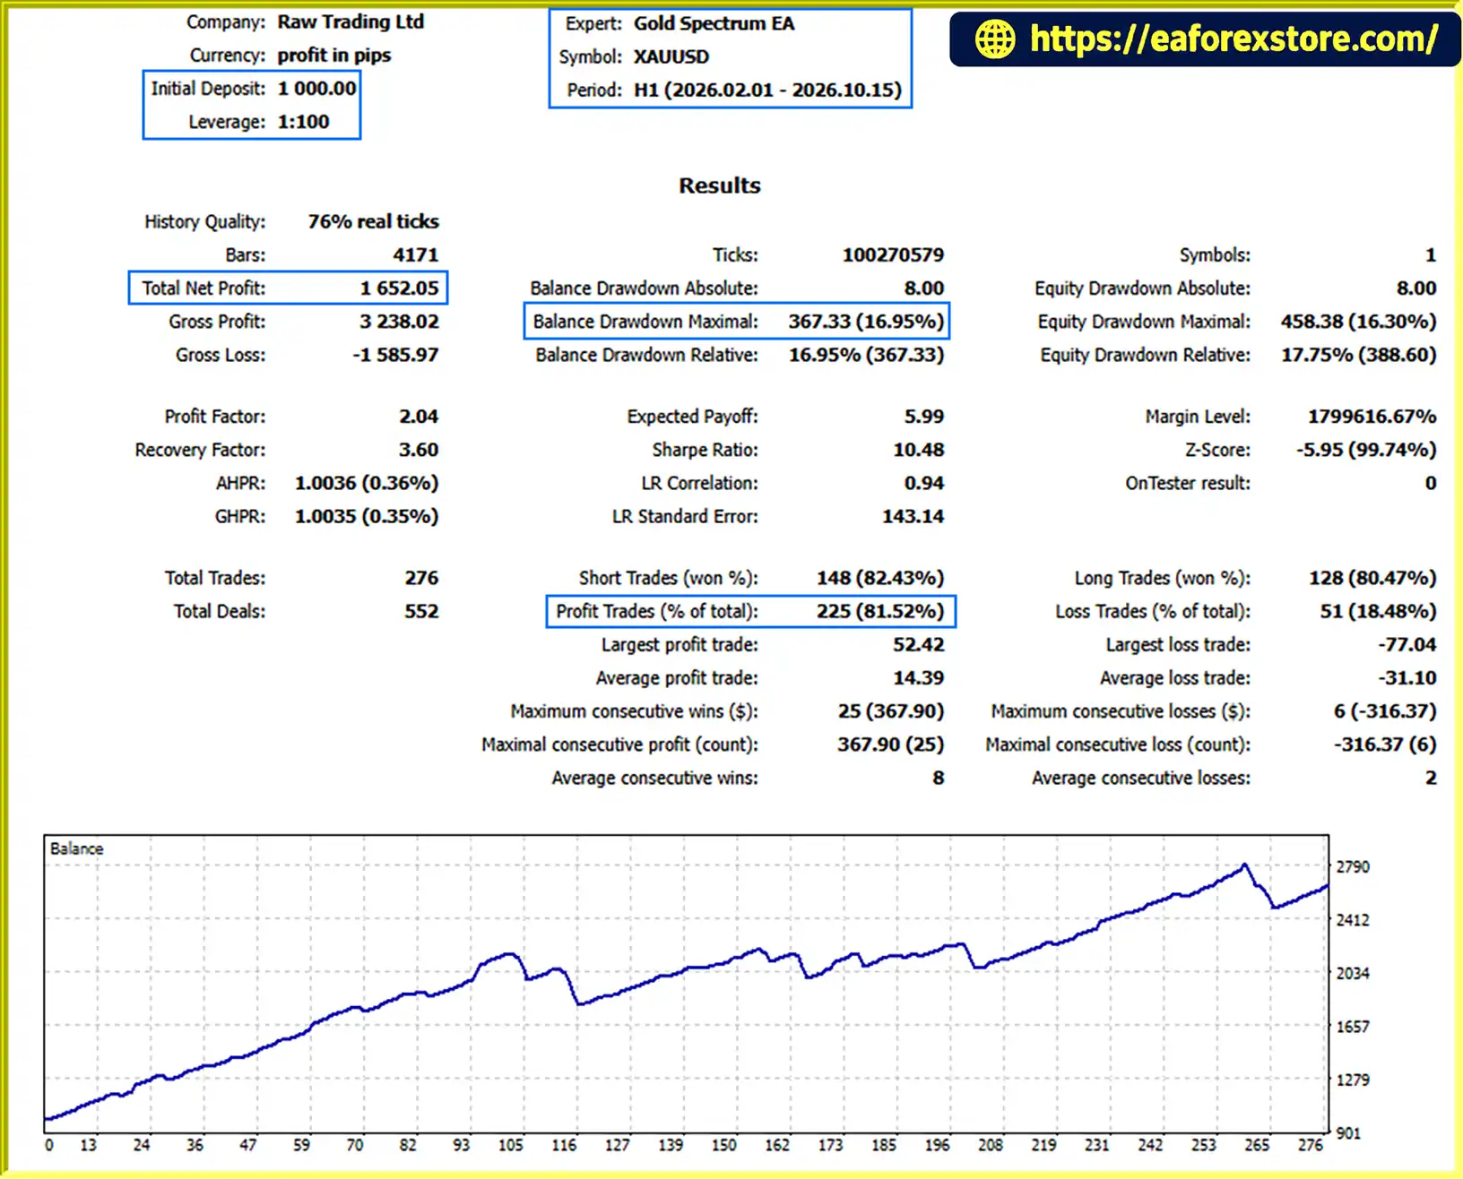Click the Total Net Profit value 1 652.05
(x=399, y=288)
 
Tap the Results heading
(x=719, y=185)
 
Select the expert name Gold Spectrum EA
(x=714, y=24)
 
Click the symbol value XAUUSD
(x=671, y=57)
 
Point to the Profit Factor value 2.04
(x=419, y=417)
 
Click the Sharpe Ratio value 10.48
(x=919, y=450)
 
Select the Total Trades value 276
(x=421, y=578)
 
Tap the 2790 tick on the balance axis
(x=1352, y=867)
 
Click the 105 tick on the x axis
(x=511, y=1146)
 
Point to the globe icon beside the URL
(x=994, y=39)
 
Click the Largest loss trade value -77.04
(x=1407, y=645)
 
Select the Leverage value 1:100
(x=303, y=123)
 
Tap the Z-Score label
(x=1216, y=450)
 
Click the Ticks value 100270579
(x=893, y=254)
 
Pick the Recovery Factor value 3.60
(x=419, y=450)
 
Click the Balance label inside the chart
(x=77, y=848)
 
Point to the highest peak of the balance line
(x=1244, y=865)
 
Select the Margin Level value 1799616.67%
(x=1372, y=417)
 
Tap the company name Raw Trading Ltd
(x=351, y=22)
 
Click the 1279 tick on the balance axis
(x=1352, y=1080)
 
